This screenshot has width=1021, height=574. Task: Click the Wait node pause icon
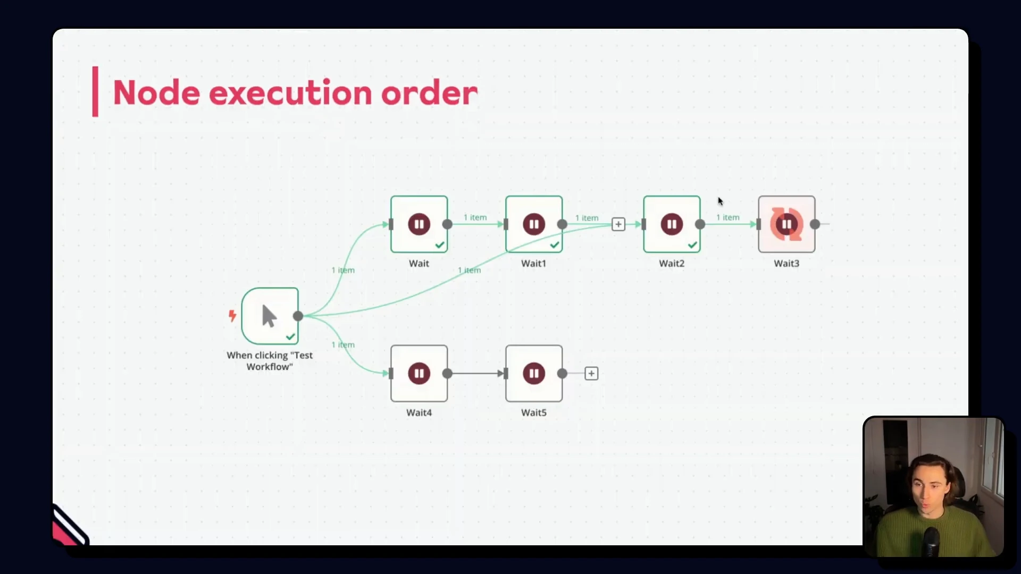(x=419, y=224)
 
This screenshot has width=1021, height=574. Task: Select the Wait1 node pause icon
(x=534, y=224)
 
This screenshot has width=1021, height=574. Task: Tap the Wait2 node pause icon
(x=672, y=224)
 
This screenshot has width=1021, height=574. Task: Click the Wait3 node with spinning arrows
(x=786, y=224)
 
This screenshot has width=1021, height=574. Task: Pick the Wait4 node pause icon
(x=419, y=374)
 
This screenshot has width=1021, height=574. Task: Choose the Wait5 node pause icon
(x=534, y=374)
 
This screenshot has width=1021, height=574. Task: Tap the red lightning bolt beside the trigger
(x=232, y=316)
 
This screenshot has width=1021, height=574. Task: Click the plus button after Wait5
(x=591, y=374)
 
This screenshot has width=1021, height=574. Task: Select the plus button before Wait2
(x=618, y=224)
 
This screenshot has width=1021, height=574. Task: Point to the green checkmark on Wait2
(x=692, y=245)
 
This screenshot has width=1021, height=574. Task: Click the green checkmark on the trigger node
(x=290, y=337)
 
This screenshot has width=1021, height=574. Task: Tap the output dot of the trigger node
(x=298, y=316)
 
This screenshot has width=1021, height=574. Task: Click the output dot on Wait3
(x=815, y=224)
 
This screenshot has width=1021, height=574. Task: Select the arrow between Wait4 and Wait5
(x=477, y=374)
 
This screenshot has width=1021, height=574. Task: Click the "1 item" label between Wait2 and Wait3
(x=727, y=217)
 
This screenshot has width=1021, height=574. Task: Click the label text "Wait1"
(x=533, y=263)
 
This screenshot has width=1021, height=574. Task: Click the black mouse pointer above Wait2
(x=720, y=201)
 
